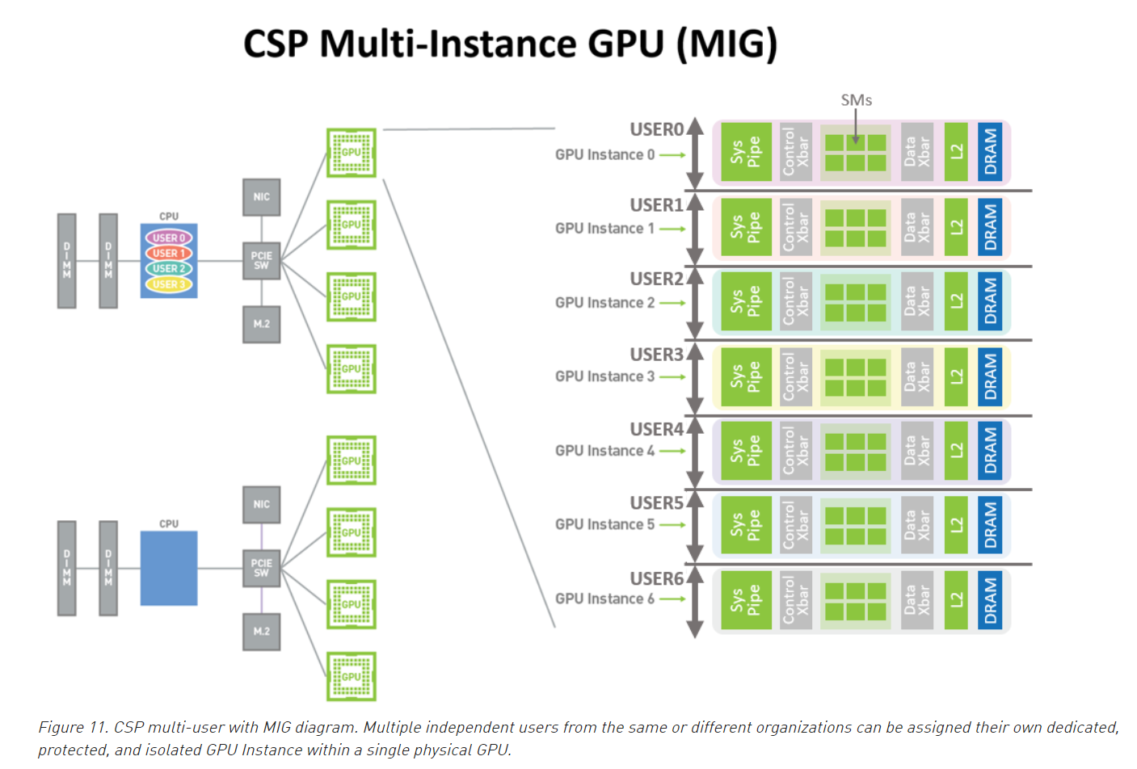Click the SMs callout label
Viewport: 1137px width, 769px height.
[856, 100]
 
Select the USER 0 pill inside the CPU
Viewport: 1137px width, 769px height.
[168, 237]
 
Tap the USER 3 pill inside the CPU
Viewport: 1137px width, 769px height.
[168, 284]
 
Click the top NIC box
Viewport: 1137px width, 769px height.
[261, 197]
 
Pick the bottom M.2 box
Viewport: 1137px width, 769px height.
[261, 631]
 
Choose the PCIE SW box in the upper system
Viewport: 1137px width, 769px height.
[261, 260]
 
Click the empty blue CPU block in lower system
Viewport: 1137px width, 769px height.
[168, 568]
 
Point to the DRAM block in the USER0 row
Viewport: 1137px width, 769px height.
[990, 152]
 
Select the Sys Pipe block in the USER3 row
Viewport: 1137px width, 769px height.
[745, 376]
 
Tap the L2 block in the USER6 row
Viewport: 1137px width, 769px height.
[956, 599]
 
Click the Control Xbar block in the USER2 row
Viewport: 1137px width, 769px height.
[795, 302]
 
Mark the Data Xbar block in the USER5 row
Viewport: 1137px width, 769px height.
[916, 525]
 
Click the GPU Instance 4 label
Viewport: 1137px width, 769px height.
[604, 451]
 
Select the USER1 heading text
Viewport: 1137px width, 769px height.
[656, 205]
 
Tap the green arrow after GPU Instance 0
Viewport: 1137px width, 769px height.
[672, 155]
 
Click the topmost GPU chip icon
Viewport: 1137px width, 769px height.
[352, 152]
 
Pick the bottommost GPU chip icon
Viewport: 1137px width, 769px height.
[352, 676]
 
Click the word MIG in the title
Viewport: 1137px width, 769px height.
[726, 44]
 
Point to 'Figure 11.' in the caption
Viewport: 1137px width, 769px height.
[73, 727]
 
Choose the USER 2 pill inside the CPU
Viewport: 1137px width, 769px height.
[168, 268]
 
